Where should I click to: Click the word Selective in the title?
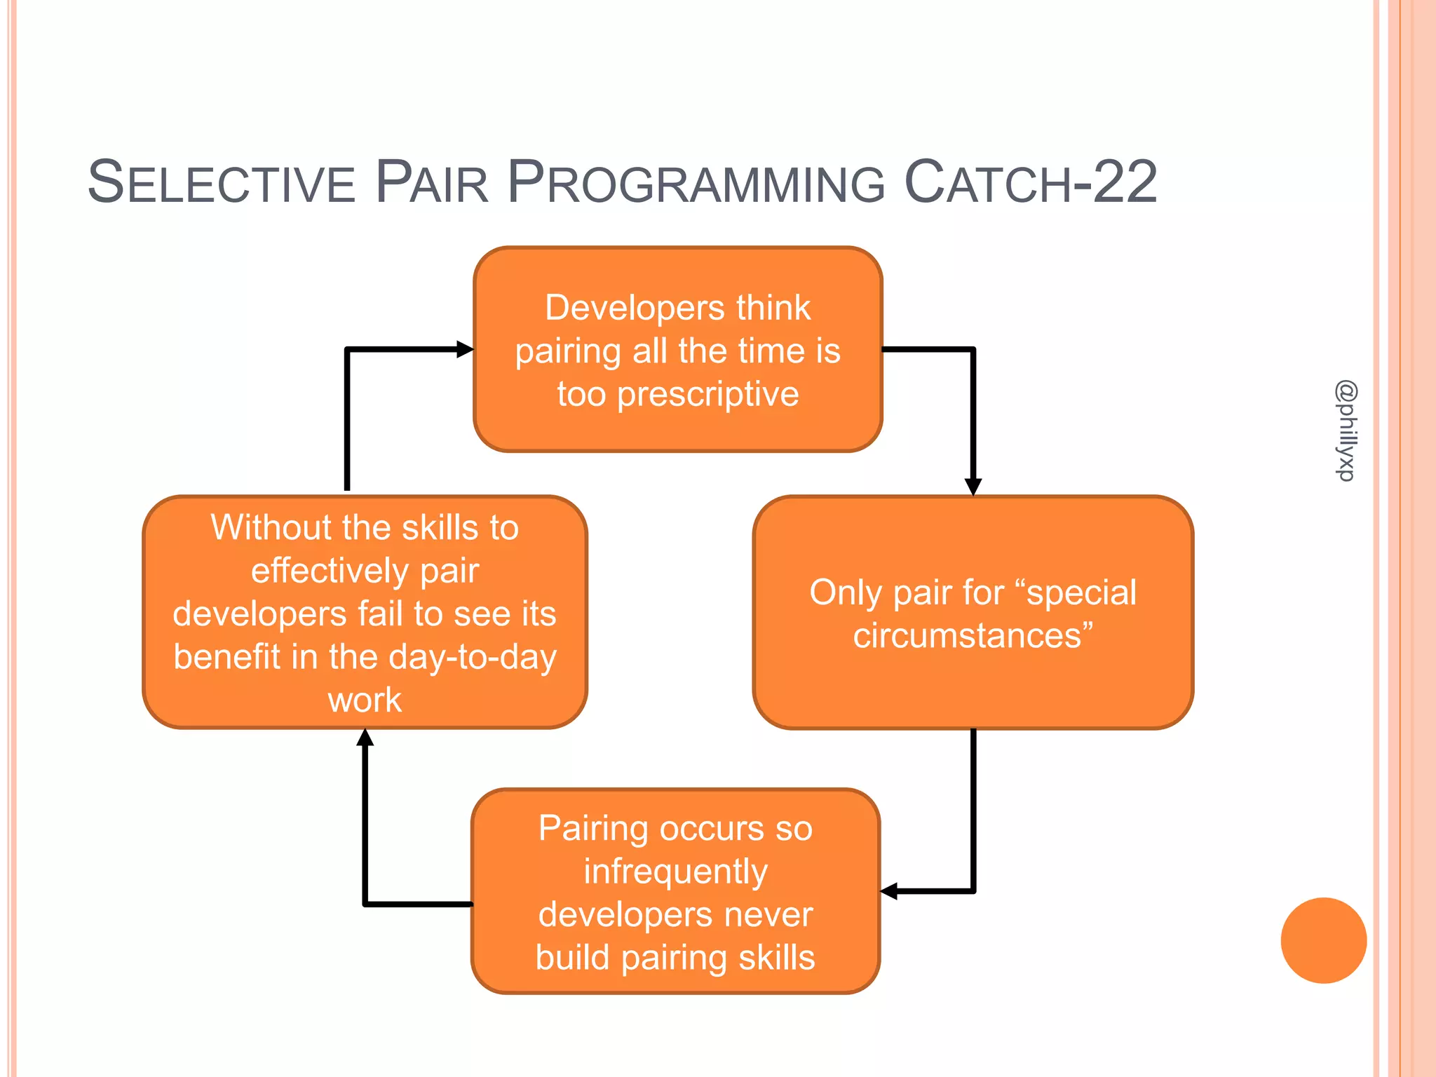click(222, 183)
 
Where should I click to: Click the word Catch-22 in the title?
click(1031, 183)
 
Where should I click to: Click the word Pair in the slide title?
click(431, 183)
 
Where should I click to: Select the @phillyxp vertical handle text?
click(1346, 431)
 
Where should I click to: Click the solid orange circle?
click(1323, 940)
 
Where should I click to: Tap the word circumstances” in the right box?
click(973, 636)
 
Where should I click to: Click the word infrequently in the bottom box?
click(676, 872)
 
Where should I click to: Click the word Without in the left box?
click(271, 527)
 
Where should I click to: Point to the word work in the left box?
click(365, 700)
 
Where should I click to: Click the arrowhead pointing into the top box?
click(465, 349)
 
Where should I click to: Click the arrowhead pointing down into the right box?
click(973, 487)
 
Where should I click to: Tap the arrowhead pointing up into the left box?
click(365, 738)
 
